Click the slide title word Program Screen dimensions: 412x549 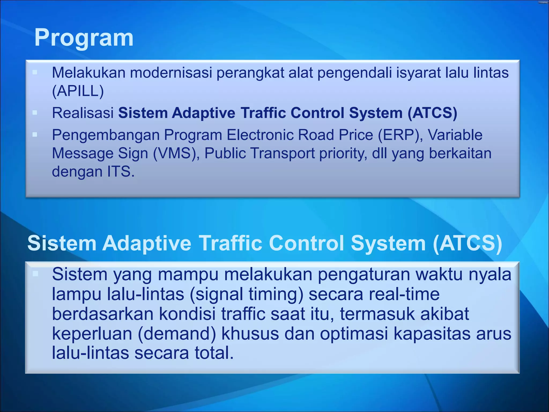[84, 38]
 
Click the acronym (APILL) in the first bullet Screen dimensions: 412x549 [78, 91]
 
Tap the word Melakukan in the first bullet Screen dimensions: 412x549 [88, 73]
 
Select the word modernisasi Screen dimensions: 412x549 [173, 73]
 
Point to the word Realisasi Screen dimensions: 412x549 [83, 113]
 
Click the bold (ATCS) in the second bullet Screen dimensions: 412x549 [432, 113]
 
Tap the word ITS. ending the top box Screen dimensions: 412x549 [121, 172]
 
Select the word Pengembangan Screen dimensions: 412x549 [106, 135]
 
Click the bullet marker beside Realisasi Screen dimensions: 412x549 [35, 113]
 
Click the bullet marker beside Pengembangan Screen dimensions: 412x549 [35, 135]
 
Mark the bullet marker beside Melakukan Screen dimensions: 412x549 [35, 72]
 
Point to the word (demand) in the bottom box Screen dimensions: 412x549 [177, 334]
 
